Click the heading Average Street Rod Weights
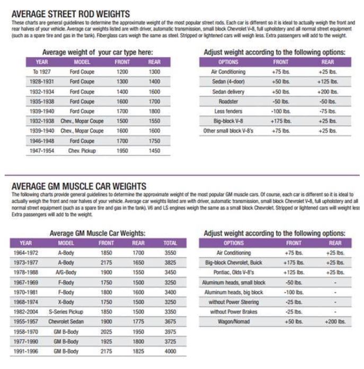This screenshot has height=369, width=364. (x=70, y=13)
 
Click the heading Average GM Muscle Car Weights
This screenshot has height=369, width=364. (x=79, y=186)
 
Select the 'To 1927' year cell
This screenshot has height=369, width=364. (x=42, y=71)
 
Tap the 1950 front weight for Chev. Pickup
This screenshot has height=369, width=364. (x=122, y=151)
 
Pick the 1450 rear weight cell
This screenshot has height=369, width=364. (x=154, y=151)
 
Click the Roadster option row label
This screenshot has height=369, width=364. (x=228, y=101)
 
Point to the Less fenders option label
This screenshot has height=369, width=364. (x=228, y=111)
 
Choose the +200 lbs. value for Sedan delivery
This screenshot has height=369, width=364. (x=327, y=92)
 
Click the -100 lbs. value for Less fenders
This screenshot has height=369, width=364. (x=281, y=111)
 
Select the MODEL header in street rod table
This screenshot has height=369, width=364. (x=82, y=62)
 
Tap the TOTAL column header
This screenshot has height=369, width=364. (x=171, y=243)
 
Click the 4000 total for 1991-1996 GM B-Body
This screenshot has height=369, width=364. (x=171, y=352)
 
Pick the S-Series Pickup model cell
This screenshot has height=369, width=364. (x=66, y=312)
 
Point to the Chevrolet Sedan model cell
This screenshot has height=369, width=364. (x=66, y=322)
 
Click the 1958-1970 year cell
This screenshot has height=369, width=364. (x=25, y=332)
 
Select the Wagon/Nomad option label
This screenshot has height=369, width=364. (x=234, y=322)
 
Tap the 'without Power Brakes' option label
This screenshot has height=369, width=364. (x=234, y=312)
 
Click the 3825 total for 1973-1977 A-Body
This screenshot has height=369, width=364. (x=171, y=263)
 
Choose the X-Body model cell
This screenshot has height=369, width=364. (x=66, y=302)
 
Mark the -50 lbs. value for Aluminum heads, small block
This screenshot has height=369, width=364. (x=294, y=283)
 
